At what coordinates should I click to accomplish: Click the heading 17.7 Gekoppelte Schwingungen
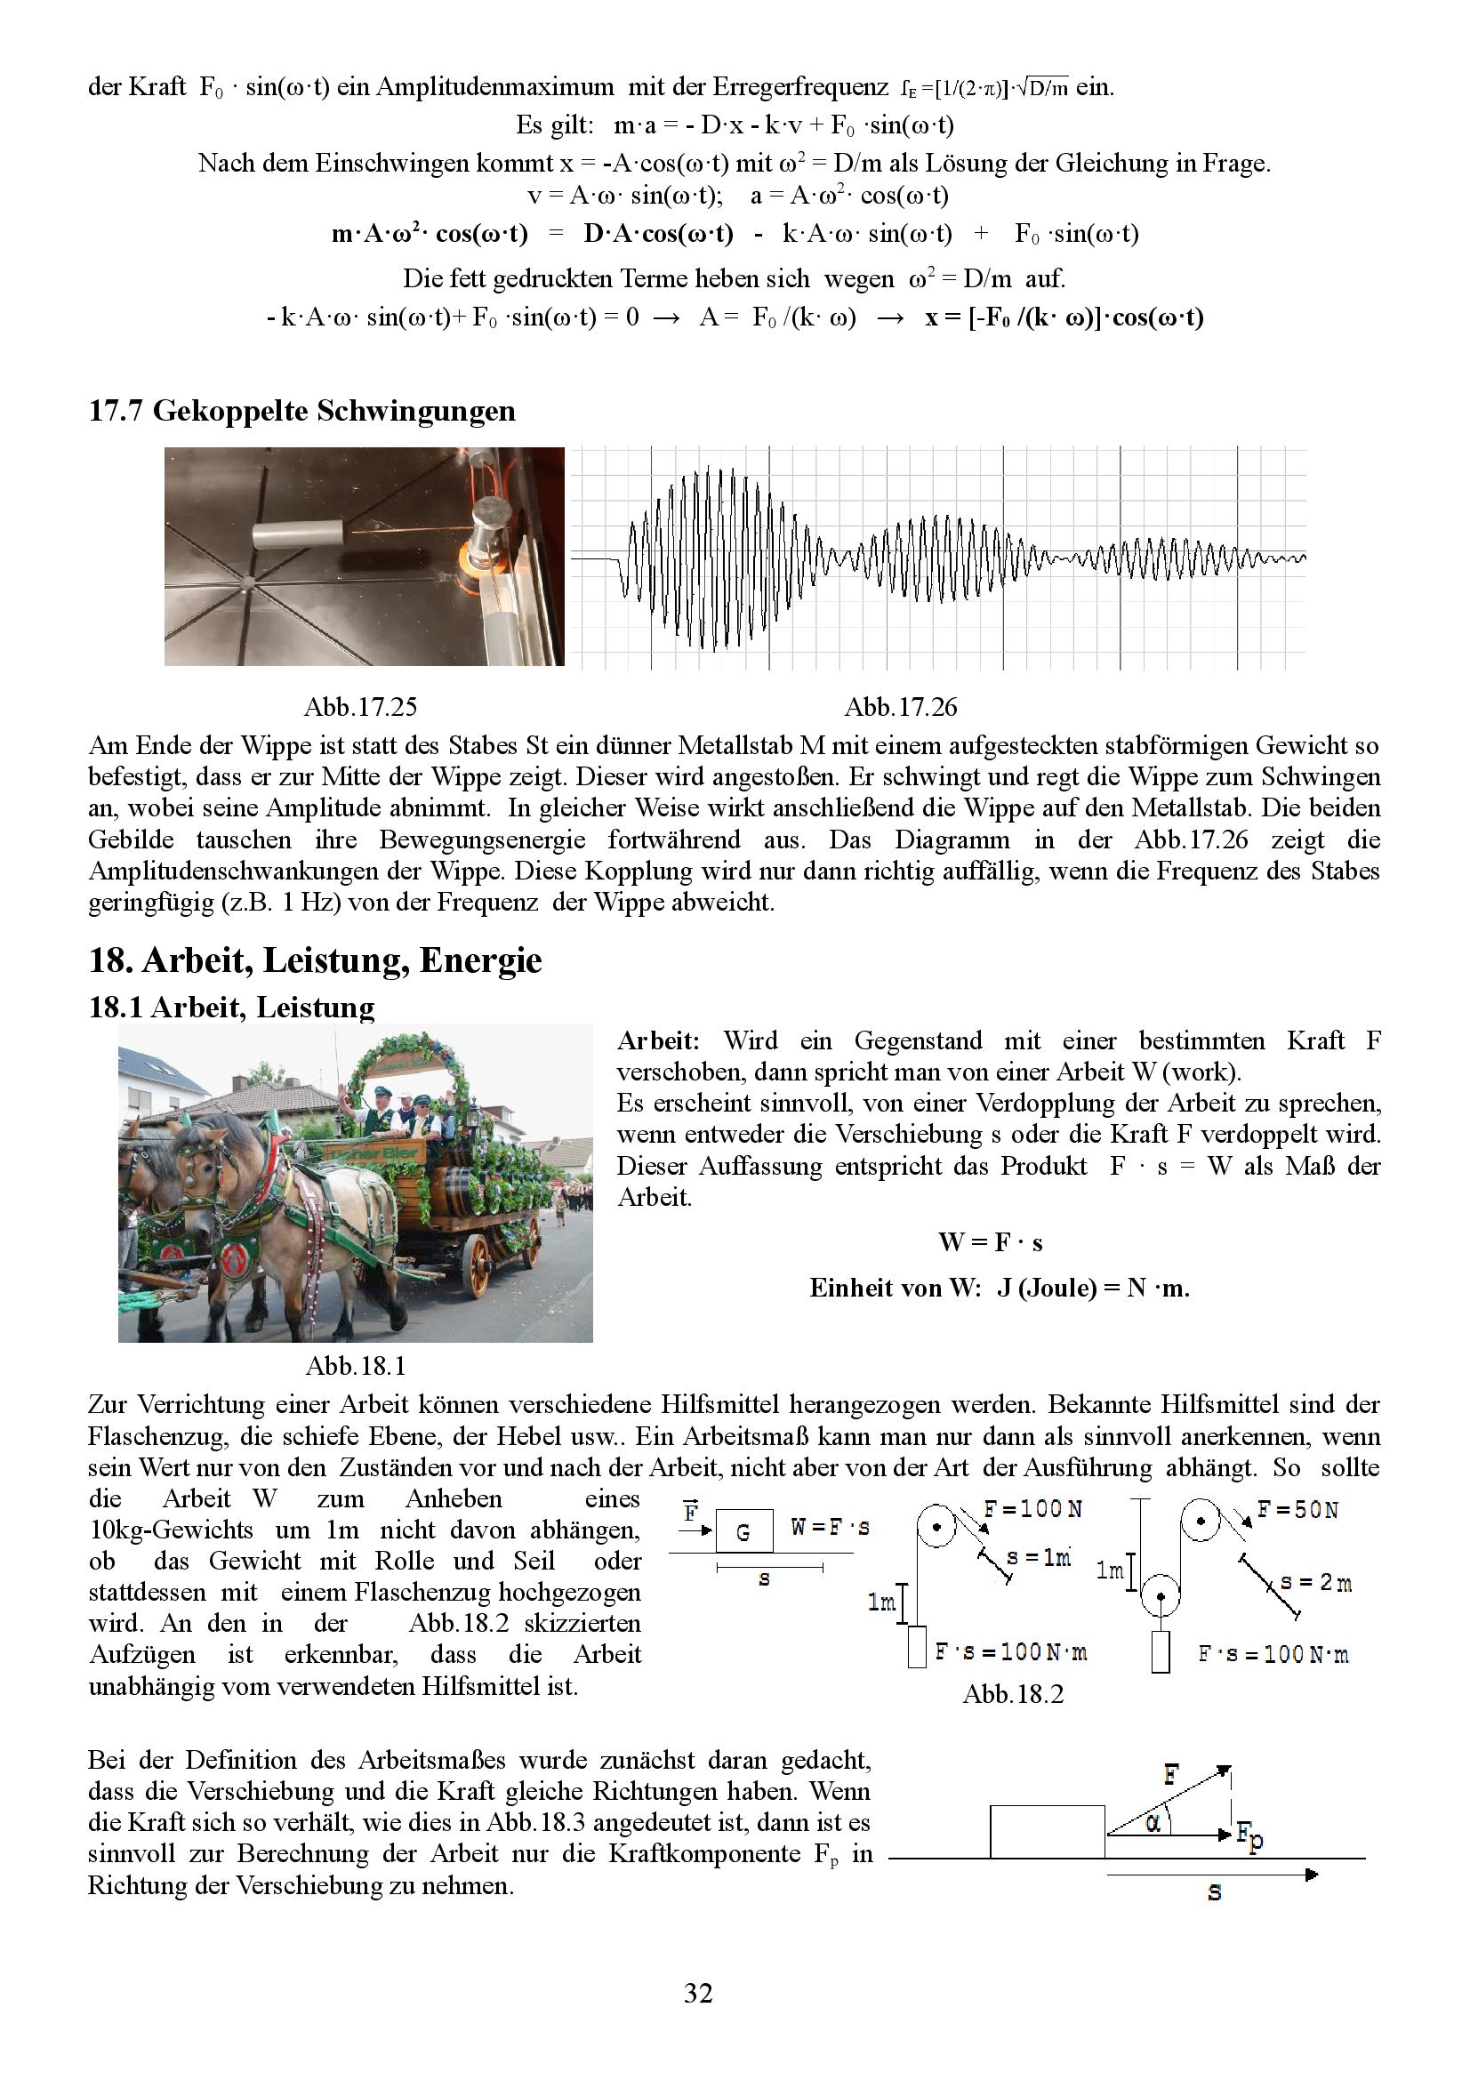[301, 412]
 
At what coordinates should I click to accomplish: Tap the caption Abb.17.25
[359, 707]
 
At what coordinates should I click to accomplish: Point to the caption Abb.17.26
[900, 707]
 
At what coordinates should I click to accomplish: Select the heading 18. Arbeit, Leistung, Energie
[315, 960]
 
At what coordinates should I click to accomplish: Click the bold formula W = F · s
[990, 1242]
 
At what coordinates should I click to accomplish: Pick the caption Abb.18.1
[355, 1365]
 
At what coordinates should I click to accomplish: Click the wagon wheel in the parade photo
[477, 1264]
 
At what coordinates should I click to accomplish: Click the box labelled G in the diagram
[743, 1532]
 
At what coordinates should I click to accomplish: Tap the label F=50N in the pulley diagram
[1297, 1510]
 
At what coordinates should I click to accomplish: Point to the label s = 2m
[1315, 1583]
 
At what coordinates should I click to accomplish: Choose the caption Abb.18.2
[1013, 1693]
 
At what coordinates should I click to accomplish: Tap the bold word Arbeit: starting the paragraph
[658, 1041]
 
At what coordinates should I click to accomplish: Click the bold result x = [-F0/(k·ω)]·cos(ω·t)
[1064, 317]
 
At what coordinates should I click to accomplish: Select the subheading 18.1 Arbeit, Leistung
[231, 1008]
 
